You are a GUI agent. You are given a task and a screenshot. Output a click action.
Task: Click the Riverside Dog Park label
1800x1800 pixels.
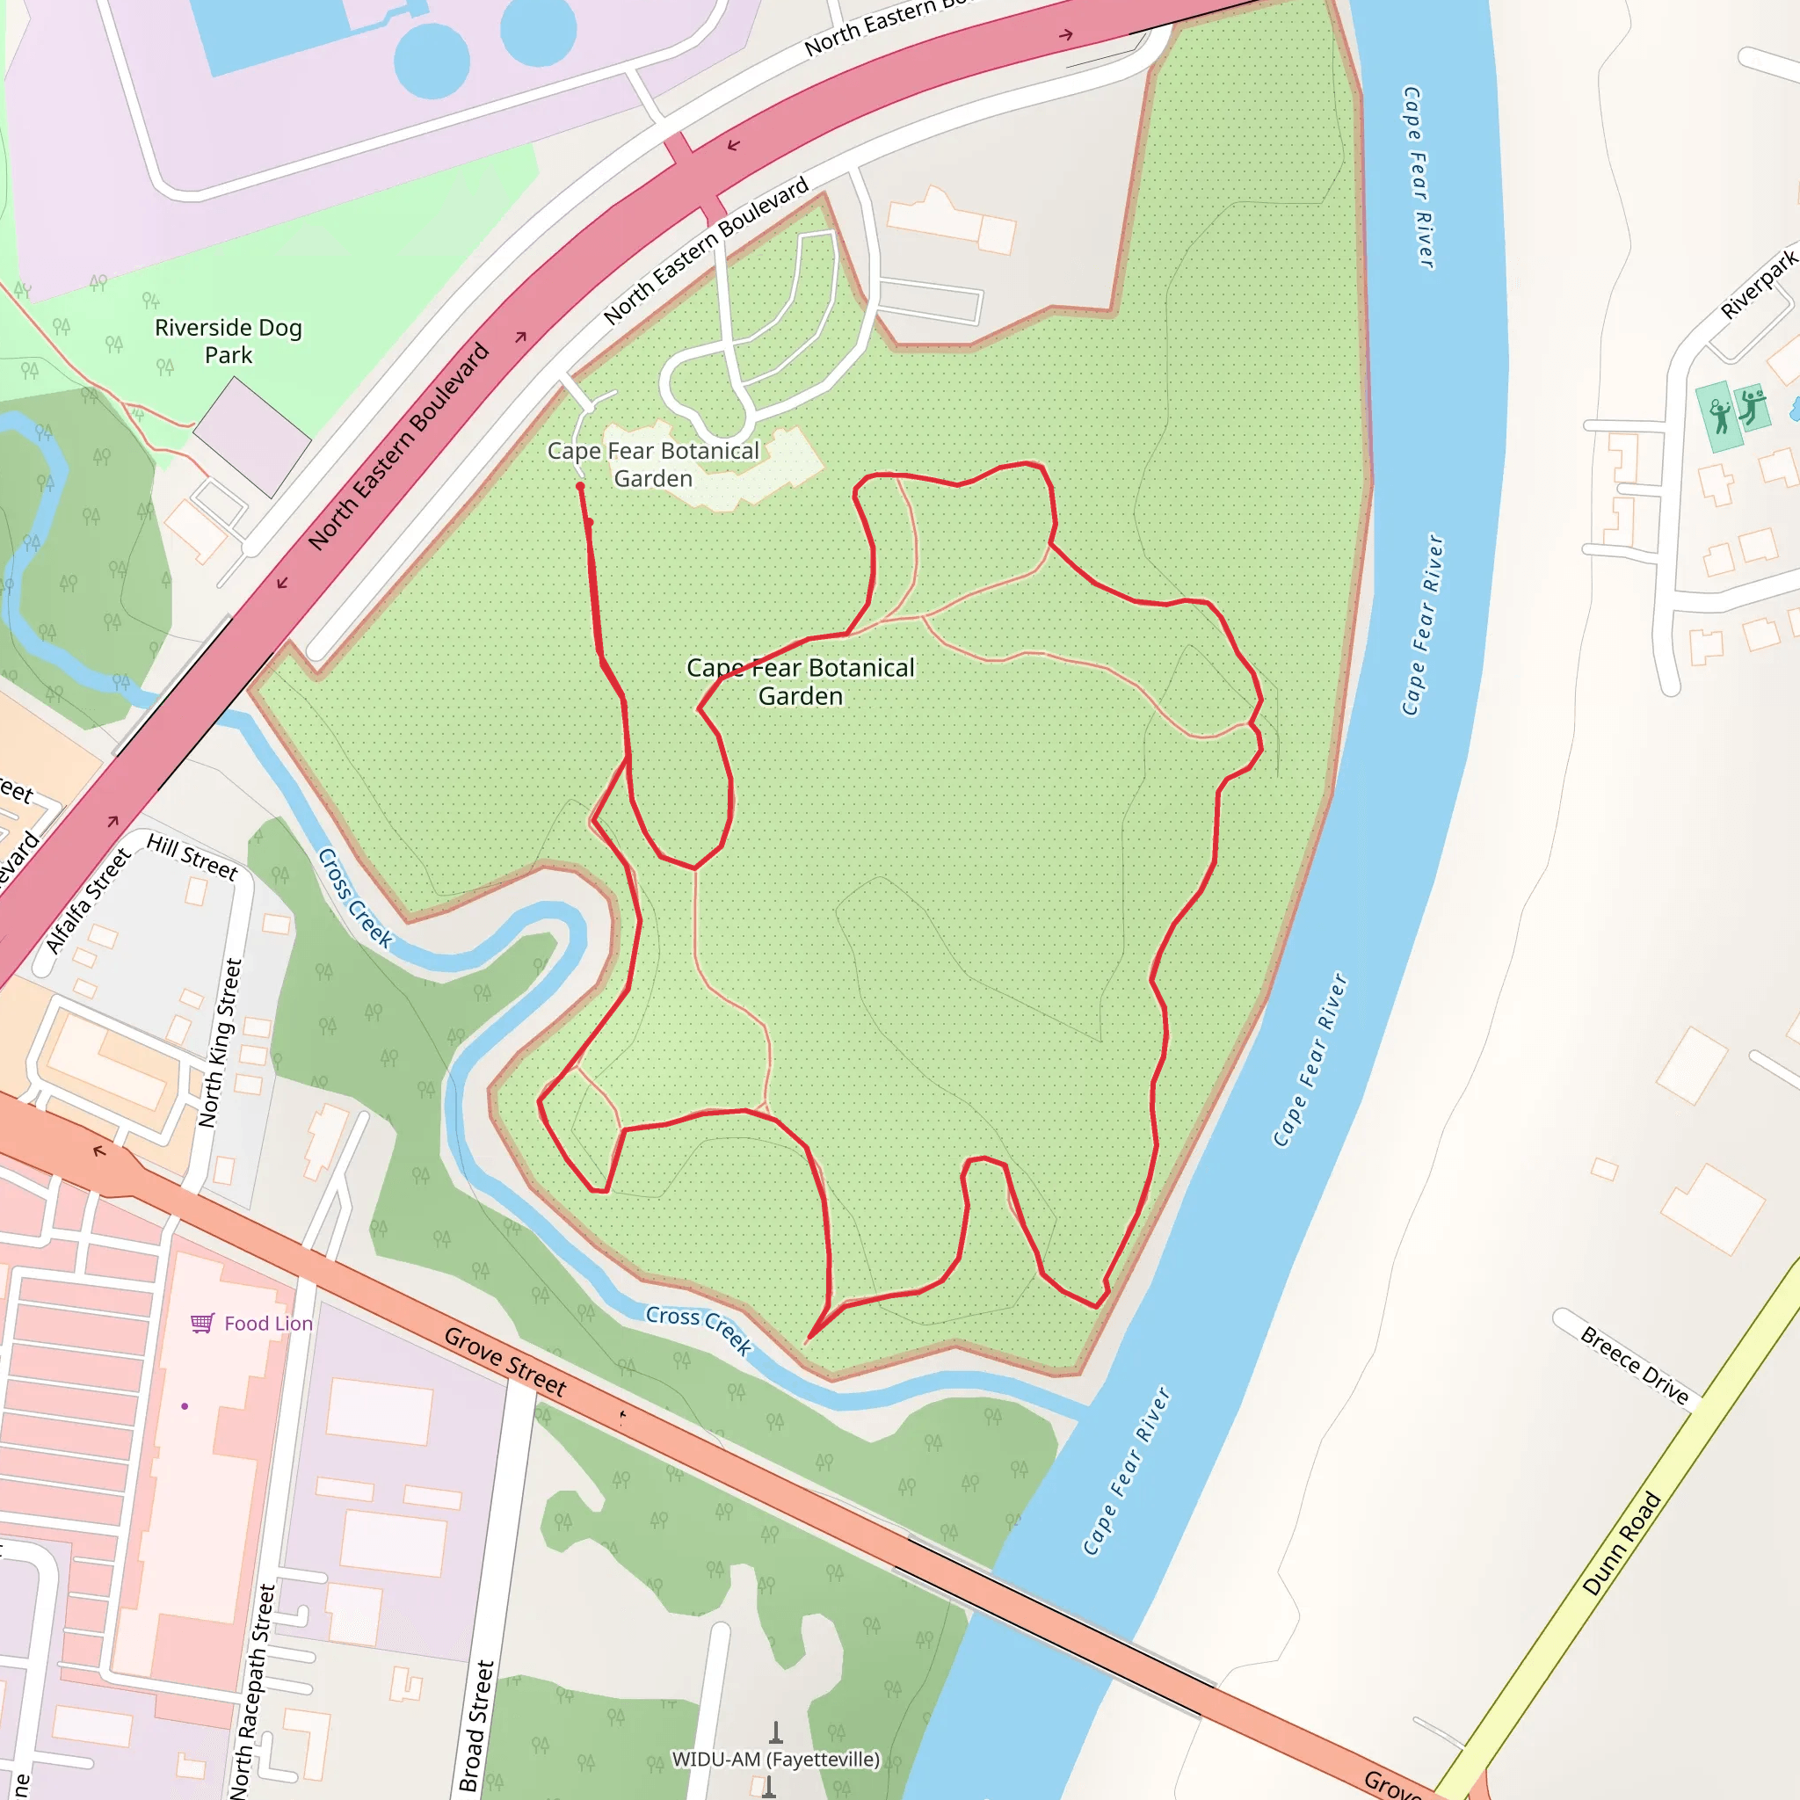(229, 341)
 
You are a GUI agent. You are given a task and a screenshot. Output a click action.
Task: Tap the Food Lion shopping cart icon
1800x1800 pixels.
(202, 1323)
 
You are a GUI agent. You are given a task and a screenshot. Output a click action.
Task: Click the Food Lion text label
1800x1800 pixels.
(268, 1323)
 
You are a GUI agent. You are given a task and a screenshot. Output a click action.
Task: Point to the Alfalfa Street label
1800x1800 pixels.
(88, 900)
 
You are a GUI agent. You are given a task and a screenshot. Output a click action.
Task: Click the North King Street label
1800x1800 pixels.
(220, 1042)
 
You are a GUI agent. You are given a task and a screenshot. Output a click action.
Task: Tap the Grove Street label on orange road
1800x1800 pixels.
(505, 1361)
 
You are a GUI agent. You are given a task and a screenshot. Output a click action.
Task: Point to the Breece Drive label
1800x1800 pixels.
(1634, 1365)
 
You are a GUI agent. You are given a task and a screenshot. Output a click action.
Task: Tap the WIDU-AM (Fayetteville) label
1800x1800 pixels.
(775, 1759)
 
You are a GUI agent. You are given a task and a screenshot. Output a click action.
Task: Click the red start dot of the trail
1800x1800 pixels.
(580, 486)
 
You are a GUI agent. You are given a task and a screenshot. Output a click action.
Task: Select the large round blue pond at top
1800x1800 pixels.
(432, 61)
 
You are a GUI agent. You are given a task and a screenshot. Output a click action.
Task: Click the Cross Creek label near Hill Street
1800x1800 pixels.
(354, 897)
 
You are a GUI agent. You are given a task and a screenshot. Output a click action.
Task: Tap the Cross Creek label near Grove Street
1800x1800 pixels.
(699, 1329)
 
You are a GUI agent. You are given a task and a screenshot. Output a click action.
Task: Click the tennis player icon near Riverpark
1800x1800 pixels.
(1720, 417)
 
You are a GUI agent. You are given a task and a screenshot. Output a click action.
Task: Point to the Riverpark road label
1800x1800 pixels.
(1758, 284)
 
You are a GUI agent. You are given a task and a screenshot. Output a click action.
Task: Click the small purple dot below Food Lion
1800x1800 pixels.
(185, 1406)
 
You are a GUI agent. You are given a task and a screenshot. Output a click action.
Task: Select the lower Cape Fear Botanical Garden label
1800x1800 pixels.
(801, 681)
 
